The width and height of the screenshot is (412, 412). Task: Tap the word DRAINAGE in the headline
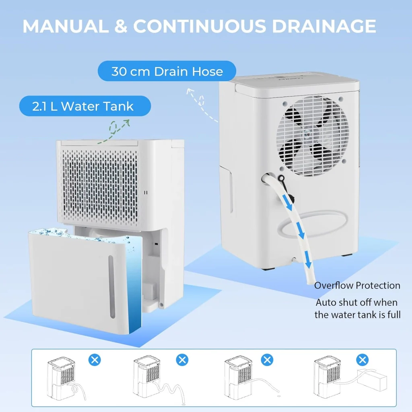click(x=324, y=26)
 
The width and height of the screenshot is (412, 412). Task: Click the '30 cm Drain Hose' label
click(x=167, y=71)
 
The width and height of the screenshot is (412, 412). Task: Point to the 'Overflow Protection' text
click(x=357, y=285)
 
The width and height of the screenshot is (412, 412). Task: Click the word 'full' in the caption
click(x=394, y=315)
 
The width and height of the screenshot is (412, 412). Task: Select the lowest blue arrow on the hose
click(x=308, y=260)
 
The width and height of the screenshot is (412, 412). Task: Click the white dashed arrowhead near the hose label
click(x=190, y=91)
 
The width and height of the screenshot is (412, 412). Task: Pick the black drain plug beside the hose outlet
click(x=282, y=179)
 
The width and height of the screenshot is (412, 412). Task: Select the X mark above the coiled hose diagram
click(x=95, y=360)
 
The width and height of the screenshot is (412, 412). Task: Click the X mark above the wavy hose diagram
click(x=182, y=360)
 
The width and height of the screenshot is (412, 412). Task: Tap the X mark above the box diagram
click(x=363, y=360)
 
